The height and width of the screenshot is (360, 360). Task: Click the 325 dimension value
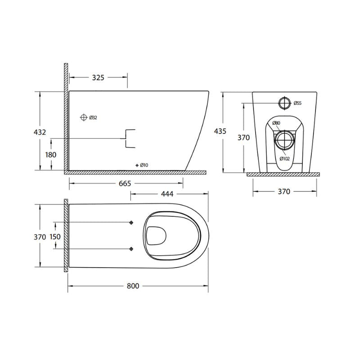[x=98, y=77]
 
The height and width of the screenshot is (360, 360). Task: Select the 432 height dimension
[x=40, y=132]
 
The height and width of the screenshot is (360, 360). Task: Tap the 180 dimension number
[x=51, y=154]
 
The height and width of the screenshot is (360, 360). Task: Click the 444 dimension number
[x=166, y=193]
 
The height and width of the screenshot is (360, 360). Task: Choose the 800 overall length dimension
[x=133, y=286]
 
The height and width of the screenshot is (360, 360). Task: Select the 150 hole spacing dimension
[x=55, y=236]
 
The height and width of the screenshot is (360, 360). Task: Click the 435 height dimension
[x=220, y=131]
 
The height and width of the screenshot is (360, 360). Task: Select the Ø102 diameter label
[x=284, y=158]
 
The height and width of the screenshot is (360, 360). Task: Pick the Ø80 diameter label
[x=277, y=123]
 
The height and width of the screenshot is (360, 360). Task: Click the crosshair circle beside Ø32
[x=83, y=117]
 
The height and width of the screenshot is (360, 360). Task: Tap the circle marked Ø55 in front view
[x=284, y=103]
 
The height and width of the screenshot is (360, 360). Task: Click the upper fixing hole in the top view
[x=131, y=223]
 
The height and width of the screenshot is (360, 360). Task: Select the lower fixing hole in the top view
[x=131, y=248]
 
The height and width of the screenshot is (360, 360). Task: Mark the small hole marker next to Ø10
[x=137, y=165]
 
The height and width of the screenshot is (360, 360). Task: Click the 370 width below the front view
[x=283, y=191]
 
